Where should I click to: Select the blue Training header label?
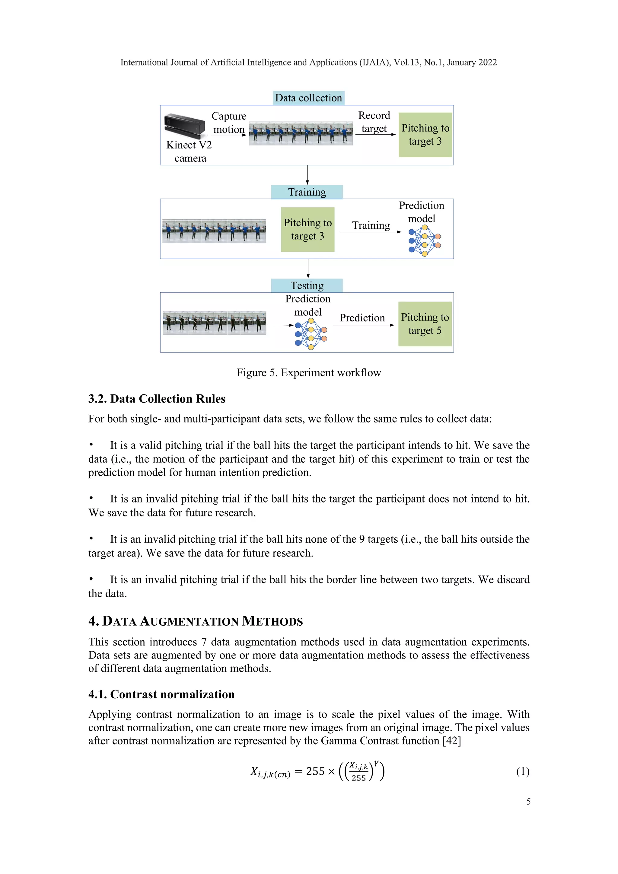coord(307,192)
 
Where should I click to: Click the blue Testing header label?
coord(307,285)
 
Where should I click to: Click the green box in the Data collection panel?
coord(425,135)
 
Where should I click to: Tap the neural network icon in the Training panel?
coord(424,241)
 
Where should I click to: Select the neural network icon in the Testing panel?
coord(311,334)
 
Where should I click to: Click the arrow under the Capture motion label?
coord(229,135)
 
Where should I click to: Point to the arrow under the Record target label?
coord(375,134)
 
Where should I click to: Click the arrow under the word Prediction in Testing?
coord(363,325)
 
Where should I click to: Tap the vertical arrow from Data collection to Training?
coord(307,175)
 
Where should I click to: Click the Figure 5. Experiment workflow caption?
coord(309,373)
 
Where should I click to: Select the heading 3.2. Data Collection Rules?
coord(157,399)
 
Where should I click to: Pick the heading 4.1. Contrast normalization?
coord(161,694)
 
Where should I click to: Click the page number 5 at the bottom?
coord(528,802)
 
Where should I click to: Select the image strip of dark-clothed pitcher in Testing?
coord(214,323)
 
